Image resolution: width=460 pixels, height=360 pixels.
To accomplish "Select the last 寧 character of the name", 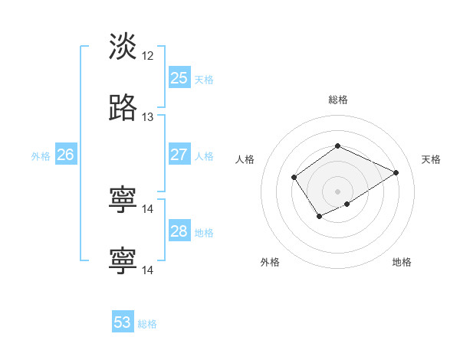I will pos(123,261).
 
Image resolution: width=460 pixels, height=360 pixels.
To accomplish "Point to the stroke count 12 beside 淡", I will pos(148,56).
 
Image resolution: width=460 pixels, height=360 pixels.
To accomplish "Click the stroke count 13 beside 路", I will pos(148,117).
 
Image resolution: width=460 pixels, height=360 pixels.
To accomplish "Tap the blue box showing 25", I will pos(179,78).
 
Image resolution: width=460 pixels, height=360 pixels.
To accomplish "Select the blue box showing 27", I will pos(179,155).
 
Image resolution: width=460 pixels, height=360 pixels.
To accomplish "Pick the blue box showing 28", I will pos(179,231).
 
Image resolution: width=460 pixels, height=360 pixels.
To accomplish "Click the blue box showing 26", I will pos(65,155).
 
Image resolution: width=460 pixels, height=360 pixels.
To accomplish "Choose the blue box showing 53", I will pos(123,322).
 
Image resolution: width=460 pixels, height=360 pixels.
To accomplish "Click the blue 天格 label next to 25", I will pos(204,80).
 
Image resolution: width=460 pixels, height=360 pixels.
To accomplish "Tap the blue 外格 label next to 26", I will pos(41,156).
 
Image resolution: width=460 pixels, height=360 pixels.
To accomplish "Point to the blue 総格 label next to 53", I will pos(147,324).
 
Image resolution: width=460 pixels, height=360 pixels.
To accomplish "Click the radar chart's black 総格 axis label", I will pos(338,100).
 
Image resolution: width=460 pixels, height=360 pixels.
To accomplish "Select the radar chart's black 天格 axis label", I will pos(432,159).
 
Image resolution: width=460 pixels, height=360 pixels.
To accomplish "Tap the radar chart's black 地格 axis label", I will pos(402,262).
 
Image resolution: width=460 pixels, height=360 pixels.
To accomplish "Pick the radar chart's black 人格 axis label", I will pos(245,159).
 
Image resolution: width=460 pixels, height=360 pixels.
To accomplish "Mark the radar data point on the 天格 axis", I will pos(396,172).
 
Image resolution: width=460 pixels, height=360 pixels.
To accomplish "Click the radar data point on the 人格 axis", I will pos(294,178).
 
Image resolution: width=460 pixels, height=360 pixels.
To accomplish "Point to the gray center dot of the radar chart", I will pos(338,191).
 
